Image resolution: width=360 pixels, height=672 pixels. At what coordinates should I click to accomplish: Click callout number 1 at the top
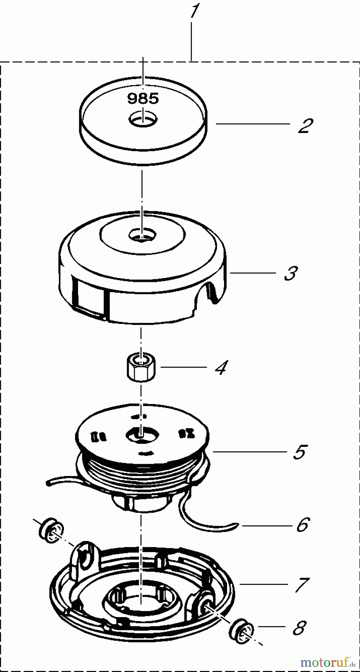pos(194,11)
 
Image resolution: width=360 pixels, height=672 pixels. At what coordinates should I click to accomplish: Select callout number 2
pos(305,126)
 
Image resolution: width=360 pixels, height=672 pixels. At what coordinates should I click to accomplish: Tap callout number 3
pos(291,273)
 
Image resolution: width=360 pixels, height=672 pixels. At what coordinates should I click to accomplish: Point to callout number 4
pos(221,368)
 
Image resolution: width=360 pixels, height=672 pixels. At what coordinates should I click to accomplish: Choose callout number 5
pos(300,452)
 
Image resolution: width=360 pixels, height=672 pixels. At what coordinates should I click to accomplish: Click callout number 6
pos(303,525)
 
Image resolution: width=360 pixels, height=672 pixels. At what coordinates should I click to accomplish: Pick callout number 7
pos(302,585)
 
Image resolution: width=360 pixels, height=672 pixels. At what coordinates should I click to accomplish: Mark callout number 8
pos(300,628)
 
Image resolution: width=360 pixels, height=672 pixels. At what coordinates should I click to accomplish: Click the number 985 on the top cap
pos(143,99)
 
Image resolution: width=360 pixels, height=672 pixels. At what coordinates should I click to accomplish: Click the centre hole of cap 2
pos(143,120)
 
